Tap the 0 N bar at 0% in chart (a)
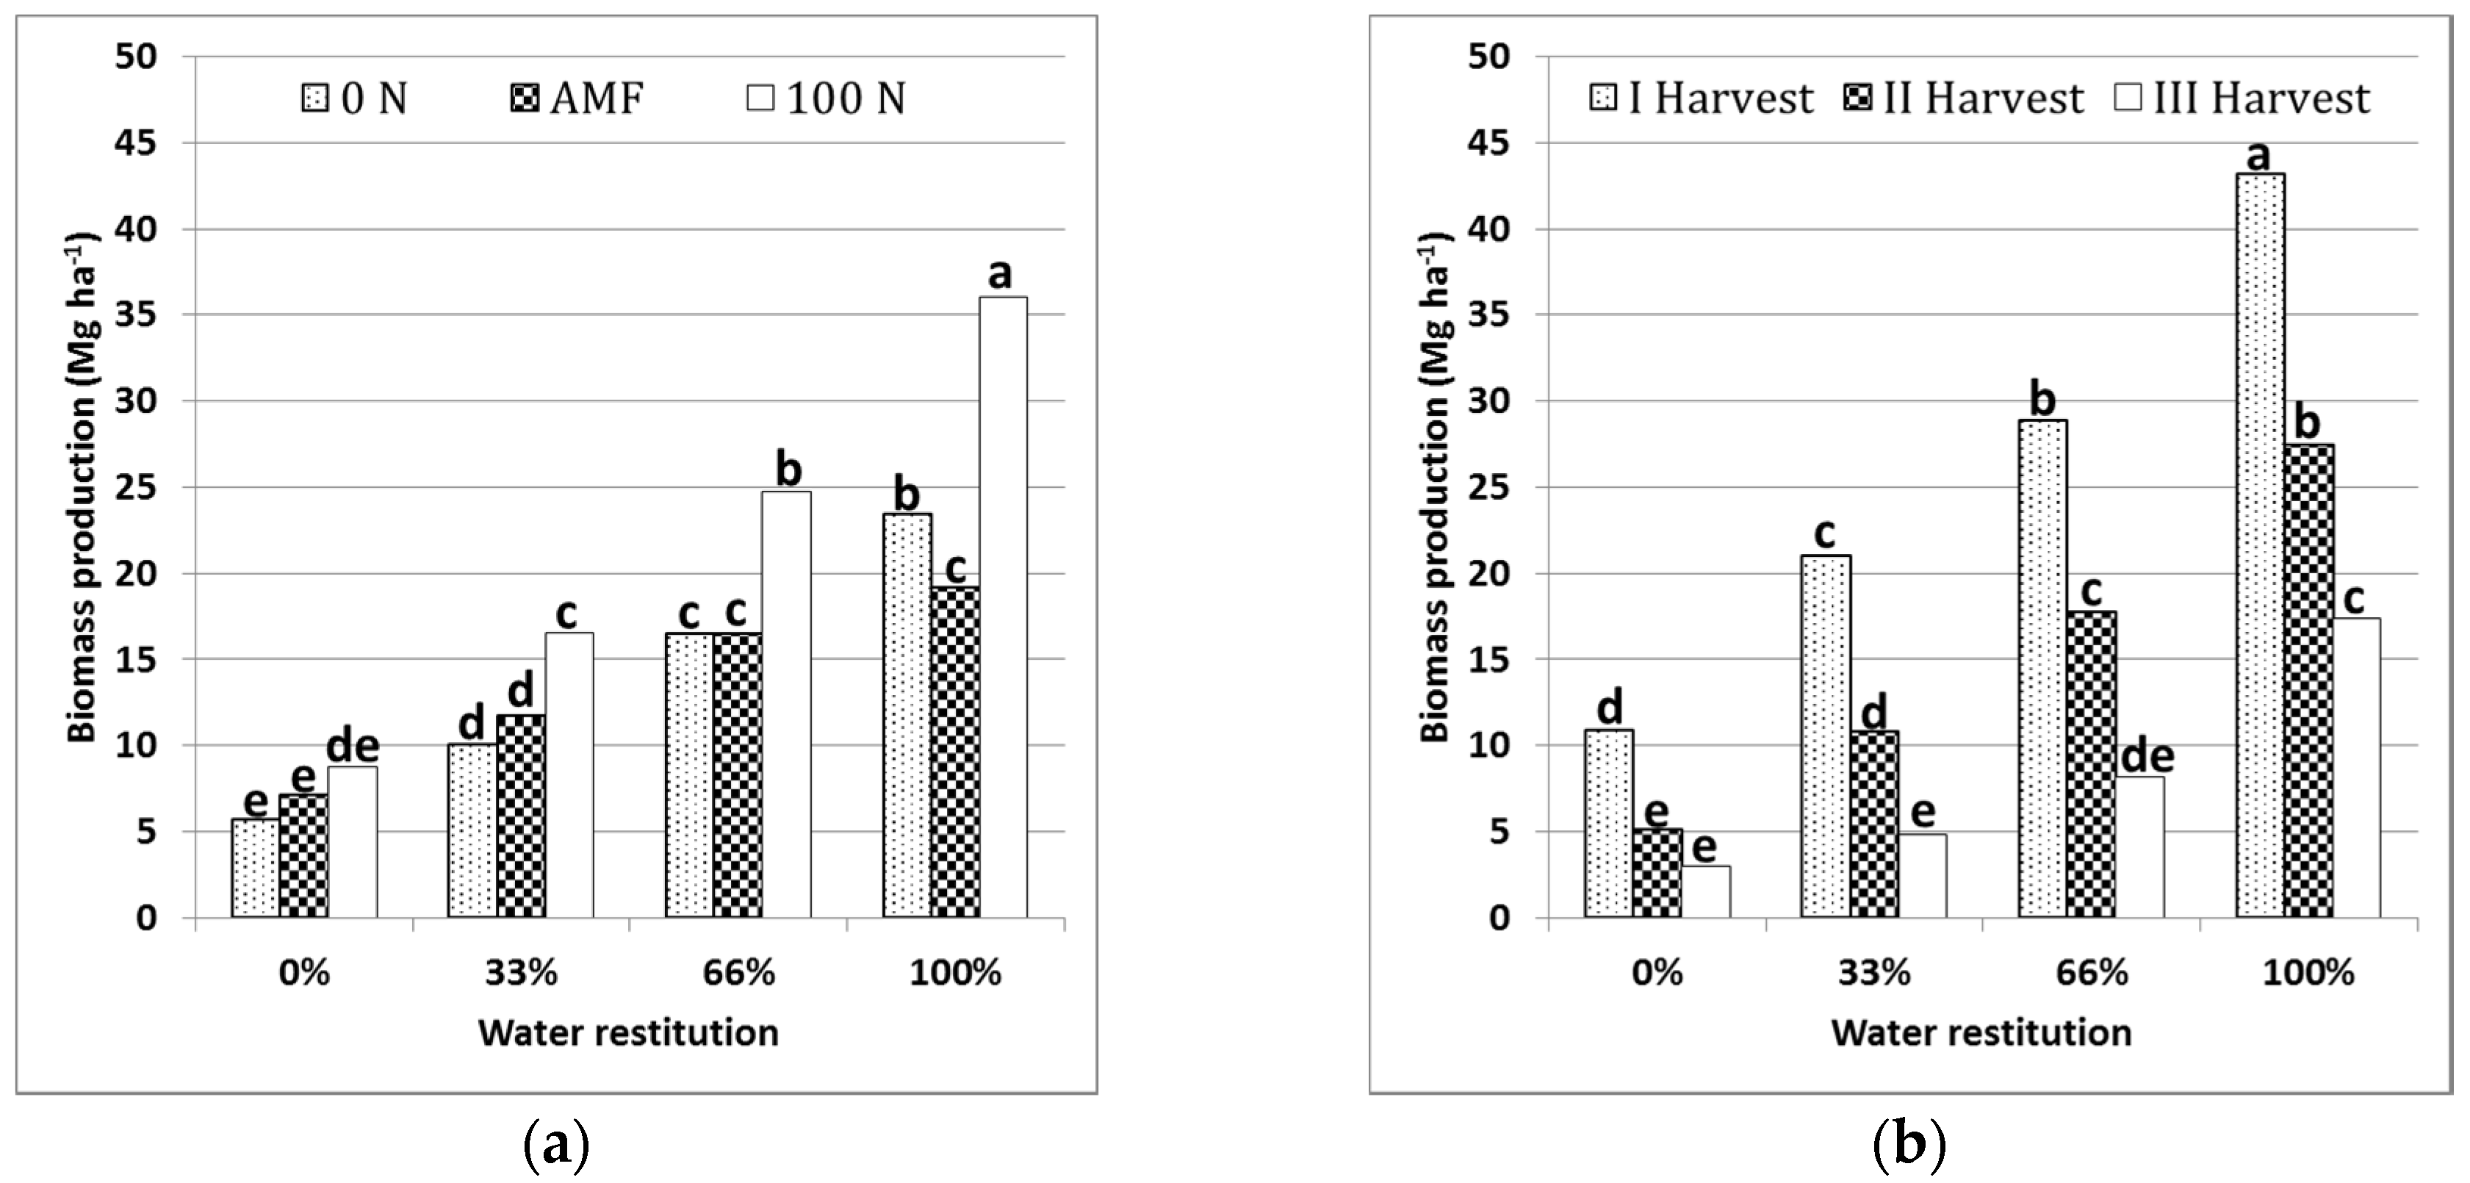[x=255, y=868]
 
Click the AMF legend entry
[x=577, y=98]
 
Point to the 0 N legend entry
[x=355, y=98]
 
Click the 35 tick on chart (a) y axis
[x=137, y=315]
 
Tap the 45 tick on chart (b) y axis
[x=1489, y=143]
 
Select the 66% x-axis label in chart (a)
[x=738, y=973]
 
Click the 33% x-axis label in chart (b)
[x=1875, y=973]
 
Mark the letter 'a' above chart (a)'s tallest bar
[x=1000, y=275]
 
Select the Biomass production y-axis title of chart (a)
[x=84, y=487]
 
